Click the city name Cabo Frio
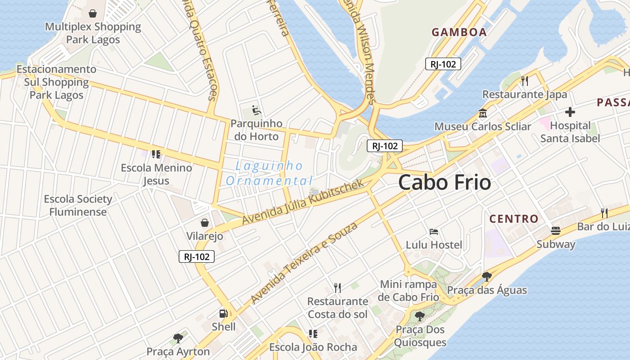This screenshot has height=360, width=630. point(444,183)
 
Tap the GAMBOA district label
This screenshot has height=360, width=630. point(459,32)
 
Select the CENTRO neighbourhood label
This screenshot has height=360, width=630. point(513,219)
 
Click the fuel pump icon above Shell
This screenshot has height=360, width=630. point(223,314)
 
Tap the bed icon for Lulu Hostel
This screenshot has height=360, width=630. point(434,232)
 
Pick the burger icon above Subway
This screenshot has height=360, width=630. point(556,231)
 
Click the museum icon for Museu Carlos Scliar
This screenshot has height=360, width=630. point(483,113)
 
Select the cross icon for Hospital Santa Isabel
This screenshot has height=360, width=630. point(570,112)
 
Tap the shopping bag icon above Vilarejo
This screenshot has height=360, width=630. point(205,223)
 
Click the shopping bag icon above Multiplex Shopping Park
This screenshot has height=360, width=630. point(93,13)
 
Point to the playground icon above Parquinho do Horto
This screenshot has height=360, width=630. point(256,110)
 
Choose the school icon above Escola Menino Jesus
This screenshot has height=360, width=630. point(156,154)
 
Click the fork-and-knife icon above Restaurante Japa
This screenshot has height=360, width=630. point(525,81)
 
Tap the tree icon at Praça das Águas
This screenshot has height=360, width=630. point(486,276)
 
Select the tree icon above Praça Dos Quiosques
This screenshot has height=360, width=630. point(420,316)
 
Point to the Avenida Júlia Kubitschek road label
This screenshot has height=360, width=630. point(302,201)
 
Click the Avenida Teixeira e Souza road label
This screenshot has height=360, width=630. point(304,262)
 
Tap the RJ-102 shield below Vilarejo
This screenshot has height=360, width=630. point(197,256)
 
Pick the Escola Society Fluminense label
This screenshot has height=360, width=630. point(78,205)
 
